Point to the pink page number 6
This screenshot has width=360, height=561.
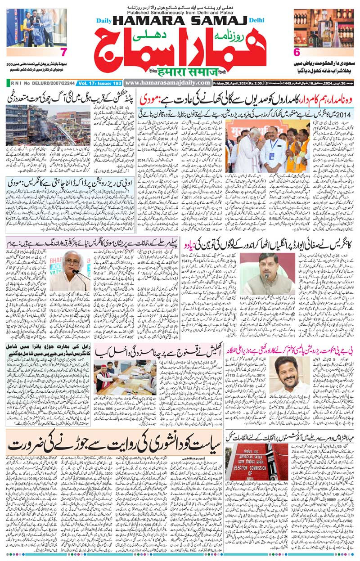tap(297, 52)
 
